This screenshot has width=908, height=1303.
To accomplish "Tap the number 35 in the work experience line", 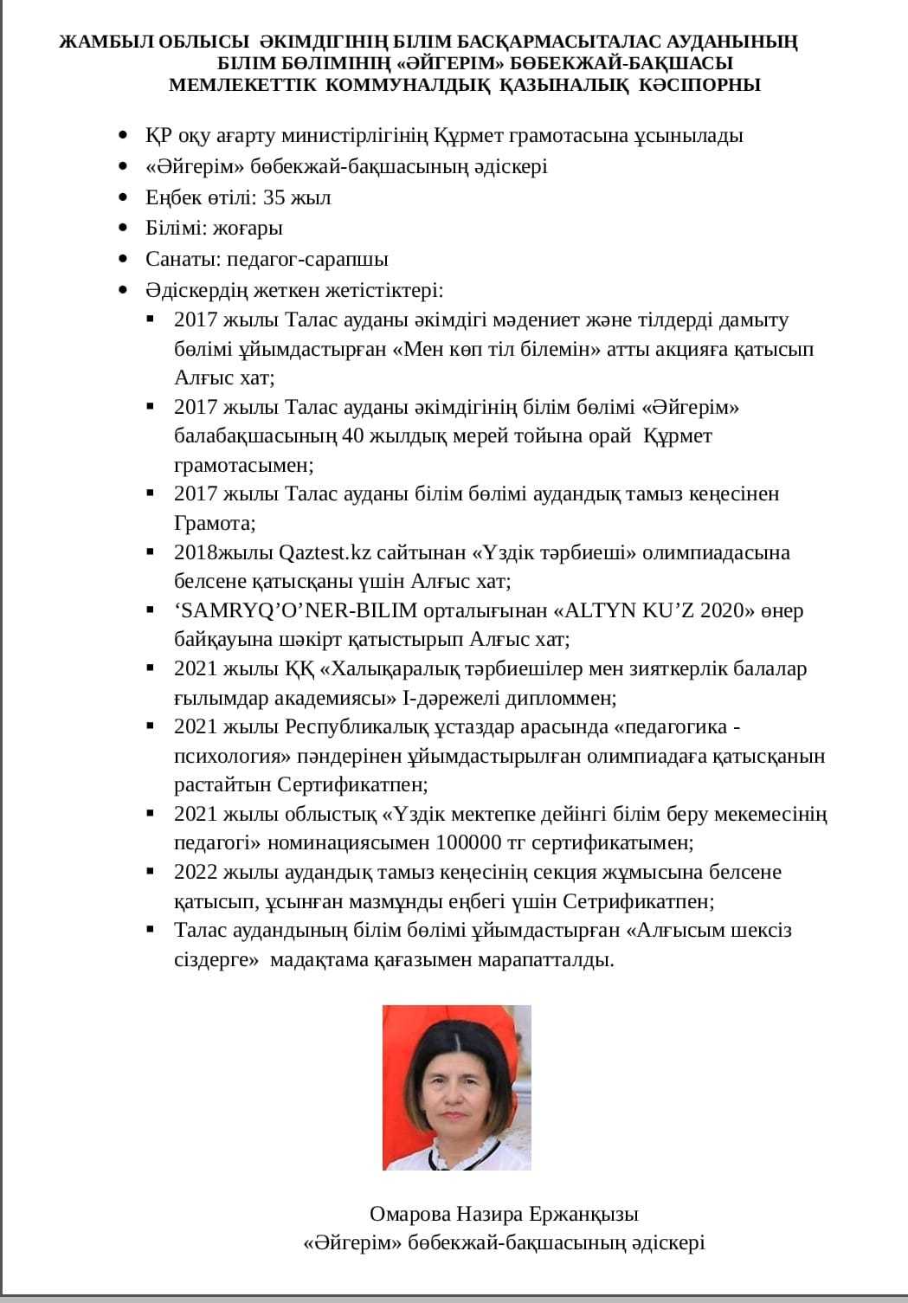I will coord(274,197).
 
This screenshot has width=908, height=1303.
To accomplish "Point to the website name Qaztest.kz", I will coord(318,552).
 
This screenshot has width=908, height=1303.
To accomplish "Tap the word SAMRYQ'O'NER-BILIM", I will coord(296,610).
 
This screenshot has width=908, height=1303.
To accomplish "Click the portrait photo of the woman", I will coord(456,1087).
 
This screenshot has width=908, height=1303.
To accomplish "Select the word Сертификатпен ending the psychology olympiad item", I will coord(352,785).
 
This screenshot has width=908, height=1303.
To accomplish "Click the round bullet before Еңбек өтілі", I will coord(126,197).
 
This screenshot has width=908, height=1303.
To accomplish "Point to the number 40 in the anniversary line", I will coord(353,435).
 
